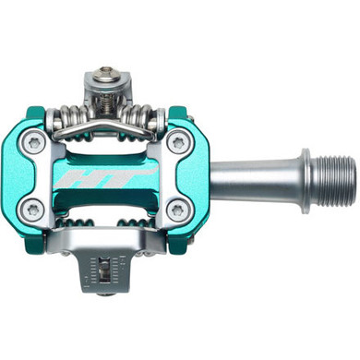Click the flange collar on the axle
304,171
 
